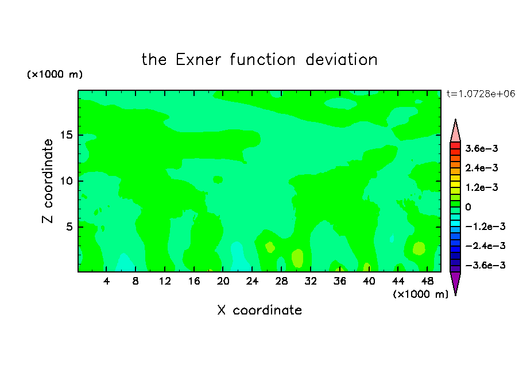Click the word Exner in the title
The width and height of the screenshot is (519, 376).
198,60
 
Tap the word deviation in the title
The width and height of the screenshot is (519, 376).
341,60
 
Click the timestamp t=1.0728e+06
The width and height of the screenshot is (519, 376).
481,94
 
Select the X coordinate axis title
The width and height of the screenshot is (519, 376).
259,310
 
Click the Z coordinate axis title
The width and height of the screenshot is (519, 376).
48,181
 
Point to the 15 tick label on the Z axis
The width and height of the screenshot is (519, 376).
67,135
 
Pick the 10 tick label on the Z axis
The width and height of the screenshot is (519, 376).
67,181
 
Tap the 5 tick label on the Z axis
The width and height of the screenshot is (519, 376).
69,227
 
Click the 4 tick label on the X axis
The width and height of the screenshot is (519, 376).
106,281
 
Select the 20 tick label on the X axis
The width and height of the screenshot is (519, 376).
223,281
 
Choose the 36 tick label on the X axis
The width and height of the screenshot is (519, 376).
340,281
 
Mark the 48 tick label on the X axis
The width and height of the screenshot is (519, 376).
427,281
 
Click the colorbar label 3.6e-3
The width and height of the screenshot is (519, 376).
482,148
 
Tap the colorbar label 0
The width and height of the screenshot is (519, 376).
468,207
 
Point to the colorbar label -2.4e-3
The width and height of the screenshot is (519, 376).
485,245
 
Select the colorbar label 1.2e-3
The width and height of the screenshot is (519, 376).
482,187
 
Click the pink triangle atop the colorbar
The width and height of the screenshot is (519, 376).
455,133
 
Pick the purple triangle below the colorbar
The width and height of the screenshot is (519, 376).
455,281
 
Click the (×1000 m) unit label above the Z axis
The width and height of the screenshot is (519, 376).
55,74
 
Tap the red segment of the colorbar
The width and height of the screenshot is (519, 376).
455,145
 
